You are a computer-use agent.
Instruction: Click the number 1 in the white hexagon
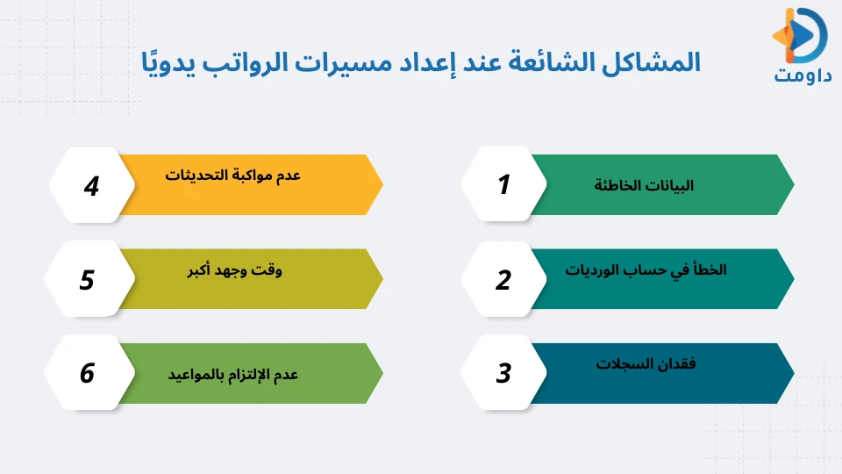[503, 185]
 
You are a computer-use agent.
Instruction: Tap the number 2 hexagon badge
[503, 280]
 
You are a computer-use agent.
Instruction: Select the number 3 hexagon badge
[503, 374]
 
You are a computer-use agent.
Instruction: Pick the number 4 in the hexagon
[91, 186]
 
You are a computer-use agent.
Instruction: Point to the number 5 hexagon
[87, 280]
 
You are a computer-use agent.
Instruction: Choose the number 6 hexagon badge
[87, 374]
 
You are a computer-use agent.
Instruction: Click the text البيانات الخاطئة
[644, 186]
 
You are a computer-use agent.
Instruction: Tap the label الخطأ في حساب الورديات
[646, 270]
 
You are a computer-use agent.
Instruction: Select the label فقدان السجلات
[646, 364]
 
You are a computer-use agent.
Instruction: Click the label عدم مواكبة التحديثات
[233, 175]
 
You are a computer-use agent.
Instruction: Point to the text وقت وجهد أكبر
[236, 270]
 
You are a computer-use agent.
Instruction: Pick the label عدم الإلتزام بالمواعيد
[233, 375]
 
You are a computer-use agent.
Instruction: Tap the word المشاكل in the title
[649, 64]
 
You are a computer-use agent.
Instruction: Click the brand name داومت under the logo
[802, 74]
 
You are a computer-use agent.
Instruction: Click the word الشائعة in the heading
[560, 64]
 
